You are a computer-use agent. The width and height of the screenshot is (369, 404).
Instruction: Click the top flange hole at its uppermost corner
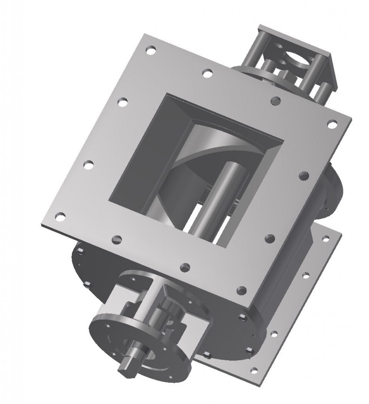[151, 50]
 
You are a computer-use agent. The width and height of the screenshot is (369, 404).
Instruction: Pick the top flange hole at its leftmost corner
[60, 216]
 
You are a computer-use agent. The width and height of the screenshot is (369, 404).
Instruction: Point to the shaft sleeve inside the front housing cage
[166, 312]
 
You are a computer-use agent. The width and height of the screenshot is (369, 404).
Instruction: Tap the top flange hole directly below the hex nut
[273, 101]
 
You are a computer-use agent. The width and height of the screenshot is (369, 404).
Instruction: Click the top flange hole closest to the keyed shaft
[184, 267]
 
